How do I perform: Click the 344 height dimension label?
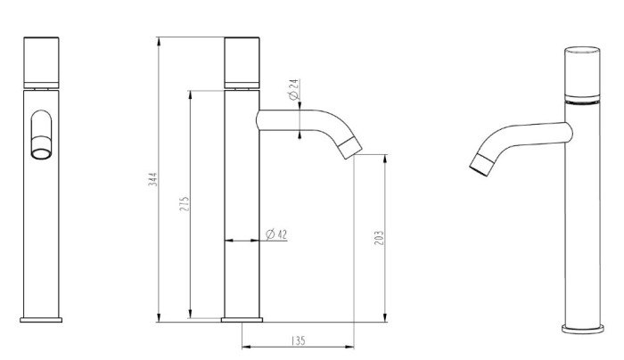[152, 179]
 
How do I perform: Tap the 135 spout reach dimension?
[300, 340]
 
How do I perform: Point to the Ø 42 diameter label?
[276, 234]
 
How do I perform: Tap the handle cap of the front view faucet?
[41, 61]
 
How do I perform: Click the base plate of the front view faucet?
[41, 318]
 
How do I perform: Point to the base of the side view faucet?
[241, 318]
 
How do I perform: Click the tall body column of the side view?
[241, 205]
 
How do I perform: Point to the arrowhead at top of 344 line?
[159, 41]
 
